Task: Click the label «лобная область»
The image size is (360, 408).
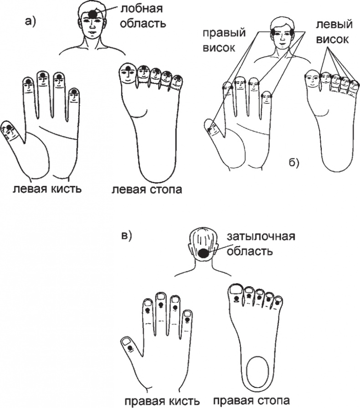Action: coord(143,16)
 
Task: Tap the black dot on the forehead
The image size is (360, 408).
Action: coord(92,14)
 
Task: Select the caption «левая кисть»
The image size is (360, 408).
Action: coord(47,189)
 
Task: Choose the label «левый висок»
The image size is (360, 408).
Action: coord(334,32)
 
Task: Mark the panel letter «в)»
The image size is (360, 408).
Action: coord(127,235)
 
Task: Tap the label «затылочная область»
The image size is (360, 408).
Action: coord(261,244)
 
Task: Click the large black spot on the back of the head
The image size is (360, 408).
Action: coord(203,253)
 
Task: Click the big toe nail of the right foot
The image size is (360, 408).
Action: coord(236,289)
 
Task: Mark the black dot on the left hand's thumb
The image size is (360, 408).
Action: coord(10,127)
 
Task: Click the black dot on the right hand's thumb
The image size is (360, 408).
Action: coord(130,347)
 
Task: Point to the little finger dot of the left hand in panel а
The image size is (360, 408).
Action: coord(74,91)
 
